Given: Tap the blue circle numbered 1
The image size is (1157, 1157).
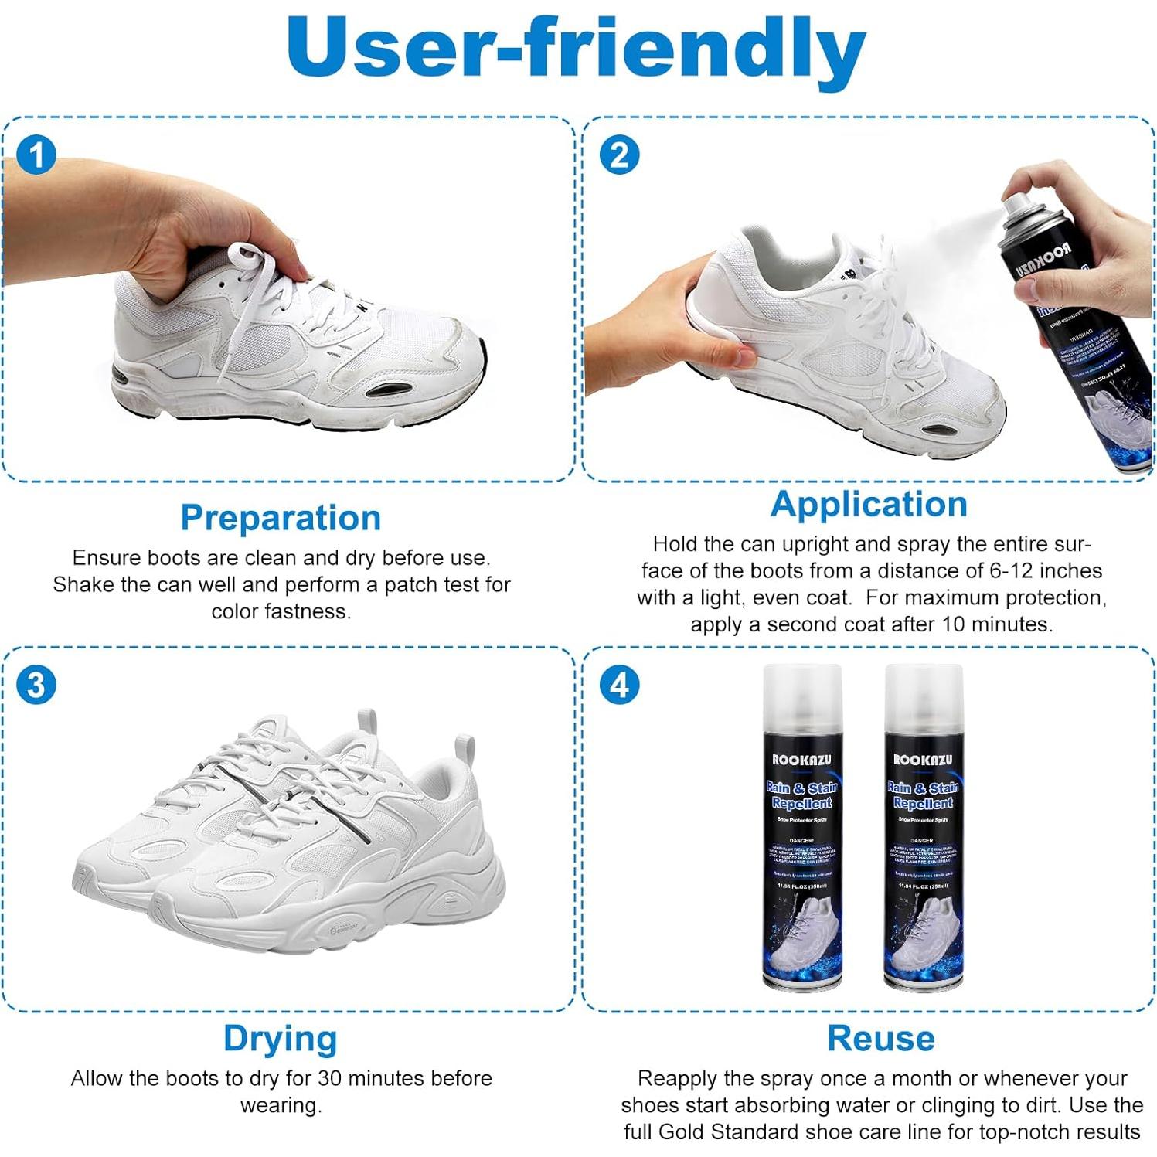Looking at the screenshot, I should pos(36,155).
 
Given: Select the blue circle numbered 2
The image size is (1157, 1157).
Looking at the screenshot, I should pos(619,155).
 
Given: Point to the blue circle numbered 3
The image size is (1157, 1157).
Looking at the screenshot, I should pos(36,685).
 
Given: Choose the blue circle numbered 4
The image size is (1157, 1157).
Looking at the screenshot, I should pos(619,685).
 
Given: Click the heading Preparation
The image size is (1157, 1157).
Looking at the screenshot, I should pos(281,518).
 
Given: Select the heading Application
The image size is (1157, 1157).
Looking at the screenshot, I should pos(869,504).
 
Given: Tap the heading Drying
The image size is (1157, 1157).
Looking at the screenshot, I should pos(281,1038).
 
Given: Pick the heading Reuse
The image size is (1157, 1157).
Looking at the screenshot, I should pos(880,1038).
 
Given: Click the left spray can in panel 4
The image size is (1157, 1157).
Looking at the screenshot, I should pos(802,827).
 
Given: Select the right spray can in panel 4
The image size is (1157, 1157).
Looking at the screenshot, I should pos(924,827).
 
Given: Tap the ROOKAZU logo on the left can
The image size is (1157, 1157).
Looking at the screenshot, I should pos(802,760).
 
